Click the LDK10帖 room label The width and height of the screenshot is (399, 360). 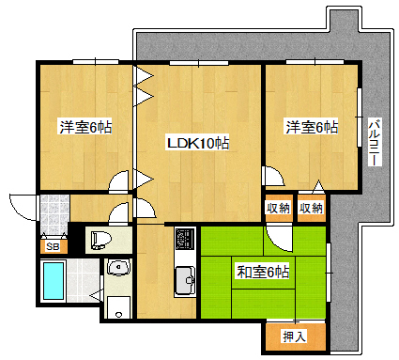(198, 143)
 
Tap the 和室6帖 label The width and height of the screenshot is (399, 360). (263, 272)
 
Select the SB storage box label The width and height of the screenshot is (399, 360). (53, 246)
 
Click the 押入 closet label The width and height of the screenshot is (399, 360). (294, 337)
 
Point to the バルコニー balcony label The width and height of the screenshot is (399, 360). (375, 142)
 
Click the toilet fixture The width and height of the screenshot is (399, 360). (101, 240)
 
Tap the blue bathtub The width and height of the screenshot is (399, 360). (54, 281)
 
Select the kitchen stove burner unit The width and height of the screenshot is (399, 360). (185, 238)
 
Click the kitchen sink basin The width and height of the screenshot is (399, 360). (185, 280)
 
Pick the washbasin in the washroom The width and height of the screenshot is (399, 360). (118, 267)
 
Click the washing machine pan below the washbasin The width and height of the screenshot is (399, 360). (118, 307)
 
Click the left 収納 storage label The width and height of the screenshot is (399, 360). (278, 208)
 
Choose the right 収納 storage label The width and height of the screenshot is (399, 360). (311, 208)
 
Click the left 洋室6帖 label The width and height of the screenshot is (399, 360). (85, 127)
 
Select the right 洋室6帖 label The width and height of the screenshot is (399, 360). (312, 127)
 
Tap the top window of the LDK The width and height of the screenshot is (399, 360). (199, 63)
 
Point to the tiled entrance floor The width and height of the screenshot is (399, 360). (54, 214)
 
